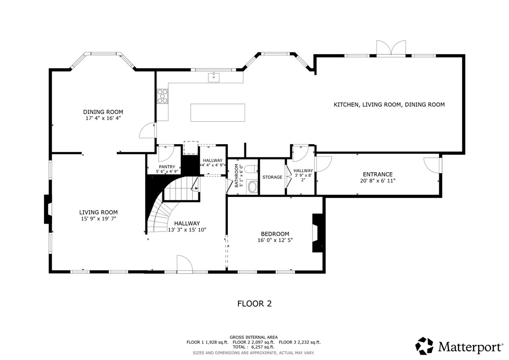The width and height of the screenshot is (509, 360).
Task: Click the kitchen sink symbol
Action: click(214, 78)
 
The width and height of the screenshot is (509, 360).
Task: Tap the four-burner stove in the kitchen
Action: click(163, 96)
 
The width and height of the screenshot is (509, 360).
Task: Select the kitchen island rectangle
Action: click(218, 113)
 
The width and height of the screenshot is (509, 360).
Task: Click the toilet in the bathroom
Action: click(252, 169)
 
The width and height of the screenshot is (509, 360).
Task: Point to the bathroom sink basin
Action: click(252, 187)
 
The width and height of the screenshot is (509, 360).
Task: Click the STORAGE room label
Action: click(272, 177)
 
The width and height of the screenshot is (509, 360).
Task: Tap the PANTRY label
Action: click(167, 167)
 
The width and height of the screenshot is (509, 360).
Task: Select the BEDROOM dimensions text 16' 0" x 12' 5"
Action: click(275, 240)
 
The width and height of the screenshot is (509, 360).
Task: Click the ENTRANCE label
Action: click(378, 174)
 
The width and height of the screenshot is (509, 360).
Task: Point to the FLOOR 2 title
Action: click(255, 304)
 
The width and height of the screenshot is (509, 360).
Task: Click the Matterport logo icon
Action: click(424, 346)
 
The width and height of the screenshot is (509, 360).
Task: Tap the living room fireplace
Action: click(48, 209)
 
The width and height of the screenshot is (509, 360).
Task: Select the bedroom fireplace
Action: click(318, 233)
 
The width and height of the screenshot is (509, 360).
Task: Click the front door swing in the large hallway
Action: click(185, 263)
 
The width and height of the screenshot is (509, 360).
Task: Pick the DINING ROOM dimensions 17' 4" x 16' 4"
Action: click(103, 118)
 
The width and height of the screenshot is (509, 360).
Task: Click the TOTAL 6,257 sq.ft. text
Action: click(254, 347)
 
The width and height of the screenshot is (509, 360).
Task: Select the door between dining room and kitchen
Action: click(148, 130)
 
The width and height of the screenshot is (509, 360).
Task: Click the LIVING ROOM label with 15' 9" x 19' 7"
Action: click(98, 215)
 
